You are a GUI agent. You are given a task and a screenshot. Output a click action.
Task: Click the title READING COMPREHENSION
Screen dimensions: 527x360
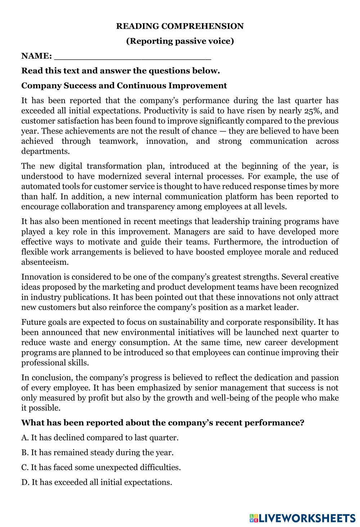[180, 26]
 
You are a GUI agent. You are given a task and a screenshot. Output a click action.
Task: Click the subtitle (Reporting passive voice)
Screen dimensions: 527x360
[180, 41]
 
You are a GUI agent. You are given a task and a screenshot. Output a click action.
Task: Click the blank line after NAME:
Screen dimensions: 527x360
[132, 57]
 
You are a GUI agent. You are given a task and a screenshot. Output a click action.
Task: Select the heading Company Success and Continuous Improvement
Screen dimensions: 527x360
[124, 86]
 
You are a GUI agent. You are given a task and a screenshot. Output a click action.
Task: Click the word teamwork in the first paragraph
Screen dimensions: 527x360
[117, 141]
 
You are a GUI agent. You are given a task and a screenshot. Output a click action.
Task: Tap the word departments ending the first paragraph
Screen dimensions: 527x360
[45, 151]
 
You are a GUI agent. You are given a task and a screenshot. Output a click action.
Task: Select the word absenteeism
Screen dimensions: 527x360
[45, 262]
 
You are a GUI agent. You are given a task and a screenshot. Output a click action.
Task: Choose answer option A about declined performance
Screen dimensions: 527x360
[100, 438]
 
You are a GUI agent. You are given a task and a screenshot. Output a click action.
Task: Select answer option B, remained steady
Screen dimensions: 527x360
[97, 453]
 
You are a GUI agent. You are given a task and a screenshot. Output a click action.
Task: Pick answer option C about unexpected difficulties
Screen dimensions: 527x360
[101, 467]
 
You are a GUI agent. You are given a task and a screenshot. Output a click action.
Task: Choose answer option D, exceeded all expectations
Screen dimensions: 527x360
[96, 482]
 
